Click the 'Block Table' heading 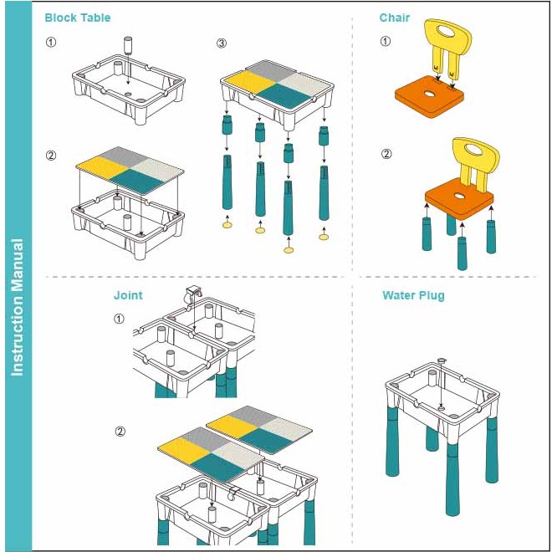point(78,18)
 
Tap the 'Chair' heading point(394,18)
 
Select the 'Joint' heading point(128,295)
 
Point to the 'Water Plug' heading point(413,295)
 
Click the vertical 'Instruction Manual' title point(18,307)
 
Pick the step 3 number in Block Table point(222,43)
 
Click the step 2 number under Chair point(386,154)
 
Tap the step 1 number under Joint point(119,319)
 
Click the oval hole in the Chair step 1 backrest point(448,32)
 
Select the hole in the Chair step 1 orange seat point(430,94)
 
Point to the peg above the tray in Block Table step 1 point(128,45)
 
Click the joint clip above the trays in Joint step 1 point(192,294)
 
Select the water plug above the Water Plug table point(441,360)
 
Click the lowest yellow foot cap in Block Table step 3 point(289,250)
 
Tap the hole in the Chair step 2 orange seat point(458,196)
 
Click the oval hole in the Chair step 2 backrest point(477,150)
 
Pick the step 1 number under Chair point(385,41)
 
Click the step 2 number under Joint point(120,432)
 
